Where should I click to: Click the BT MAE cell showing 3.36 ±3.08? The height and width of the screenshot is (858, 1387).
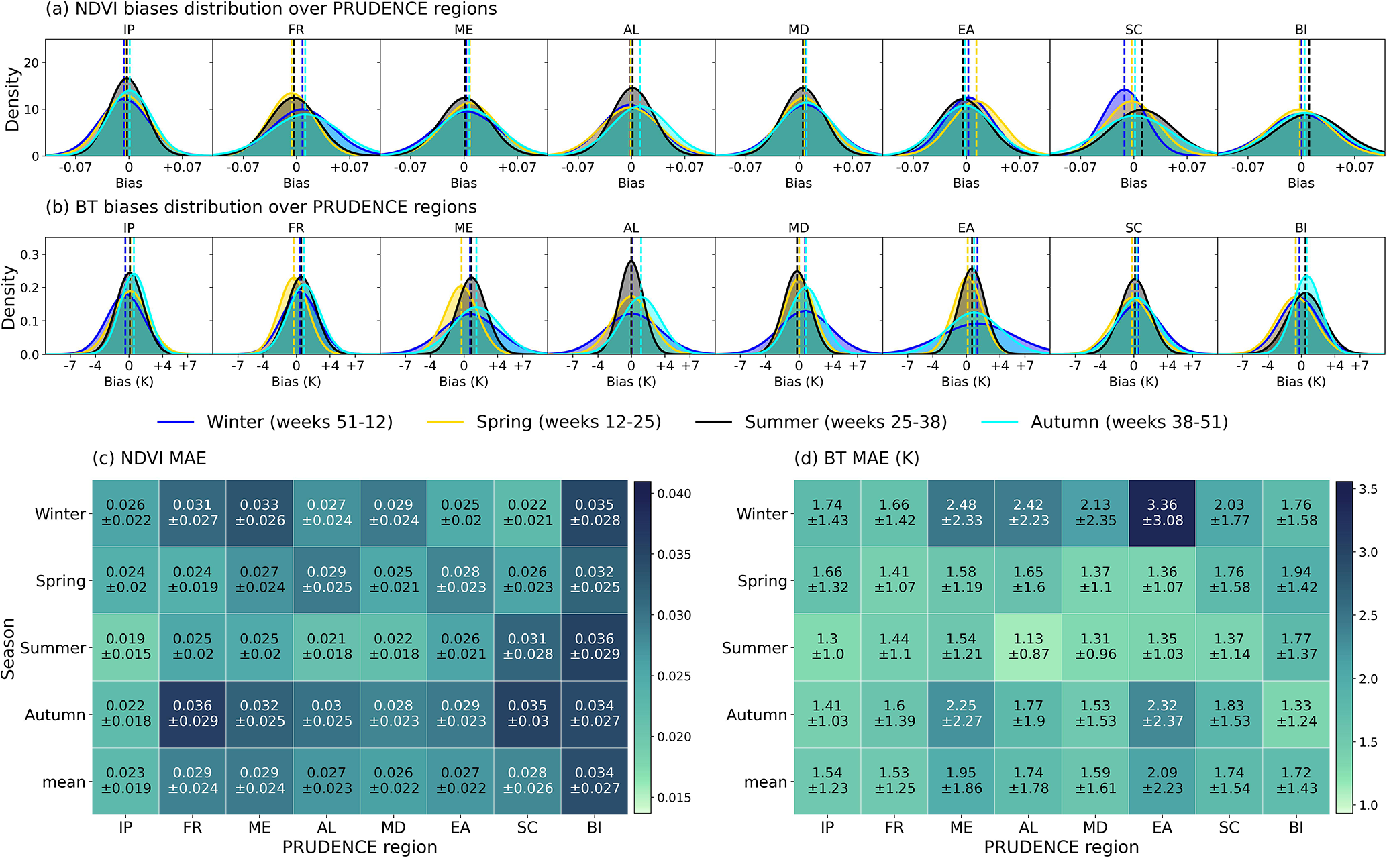click(x=1162, y=513)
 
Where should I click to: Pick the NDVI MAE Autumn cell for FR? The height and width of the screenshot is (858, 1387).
click(x=193, y=714)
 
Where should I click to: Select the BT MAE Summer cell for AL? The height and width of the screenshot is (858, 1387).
click(x=1028, y=647)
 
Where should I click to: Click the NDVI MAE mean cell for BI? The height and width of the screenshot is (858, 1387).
click(x=595, y=781)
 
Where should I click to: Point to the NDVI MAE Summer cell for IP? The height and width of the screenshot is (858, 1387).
click(x=125, y=647)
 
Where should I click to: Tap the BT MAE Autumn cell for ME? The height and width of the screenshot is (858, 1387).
click(x=961, y=714)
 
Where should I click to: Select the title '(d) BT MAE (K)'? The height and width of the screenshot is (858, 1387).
click(x=856, y=458)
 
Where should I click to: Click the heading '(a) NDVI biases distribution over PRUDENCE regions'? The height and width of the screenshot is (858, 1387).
click(x=271, y=9)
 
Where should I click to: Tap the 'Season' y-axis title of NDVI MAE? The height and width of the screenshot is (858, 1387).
click(x=9, y=648)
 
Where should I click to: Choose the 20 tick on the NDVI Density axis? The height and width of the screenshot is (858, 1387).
click(x=31, y=63)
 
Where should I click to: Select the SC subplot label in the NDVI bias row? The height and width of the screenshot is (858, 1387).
click(x=1133, y=30)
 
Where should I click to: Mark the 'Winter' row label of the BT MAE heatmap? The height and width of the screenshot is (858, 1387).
click(x=762, y=514)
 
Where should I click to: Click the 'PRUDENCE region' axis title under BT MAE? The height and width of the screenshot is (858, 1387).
click(x=1061, y=847)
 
